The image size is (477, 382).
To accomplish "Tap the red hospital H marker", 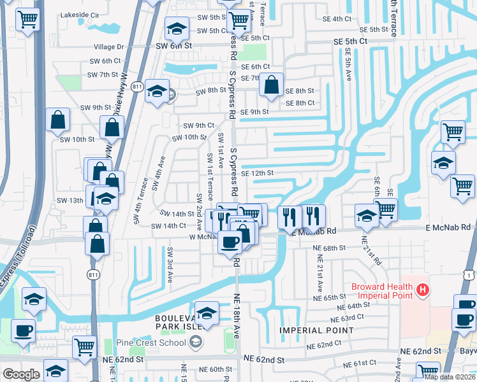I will coord(422,291).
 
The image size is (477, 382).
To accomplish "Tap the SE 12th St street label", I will coord(257,173).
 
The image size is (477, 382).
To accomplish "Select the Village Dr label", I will coord(109,46).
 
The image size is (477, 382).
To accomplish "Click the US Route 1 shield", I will coord(469,274).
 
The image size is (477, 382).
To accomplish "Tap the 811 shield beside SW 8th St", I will coord(136,87).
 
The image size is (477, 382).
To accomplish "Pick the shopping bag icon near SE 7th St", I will coord(272,84).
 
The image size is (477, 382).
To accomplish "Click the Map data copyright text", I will coord(450,377).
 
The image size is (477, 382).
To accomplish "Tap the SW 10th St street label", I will coord(77,139).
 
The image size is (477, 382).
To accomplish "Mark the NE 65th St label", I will coord(330,297).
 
